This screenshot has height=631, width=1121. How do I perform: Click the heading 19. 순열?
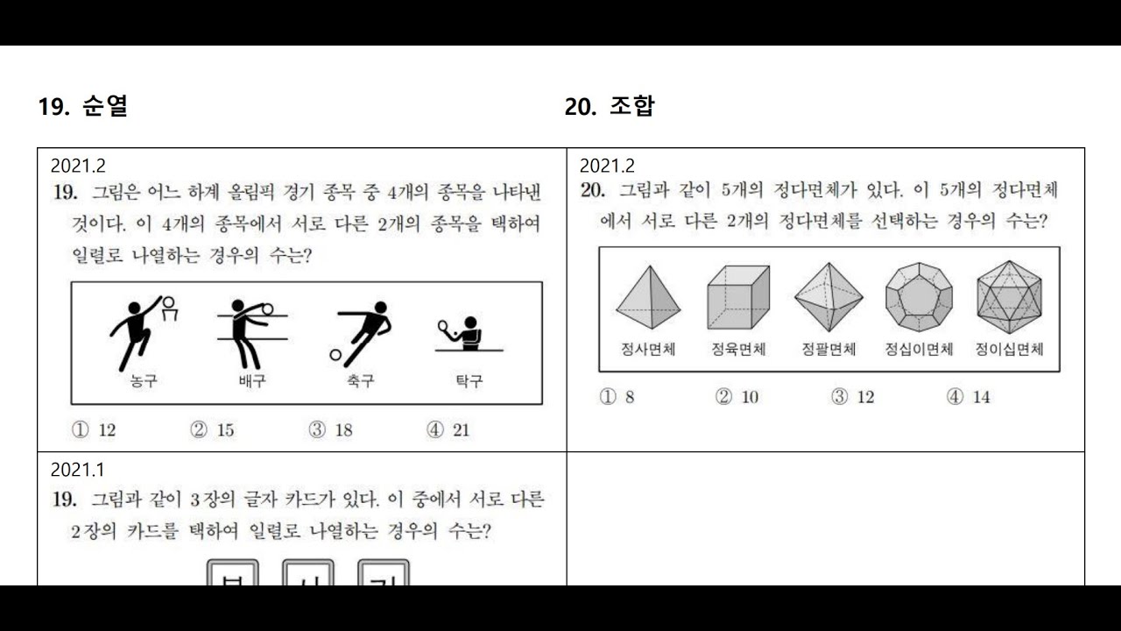(83, 107)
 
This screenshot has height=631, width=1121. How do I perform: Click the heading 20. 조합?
(610, 107)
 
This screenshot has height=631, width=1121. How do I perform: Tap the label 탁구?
(469, 381)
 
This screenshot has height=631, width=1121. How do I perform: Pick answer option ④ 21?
(448, 430)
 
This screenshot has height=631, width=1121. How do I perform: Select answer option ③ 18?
(330, 430)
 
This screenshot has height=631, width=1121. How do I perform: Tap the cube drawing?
(738, 296)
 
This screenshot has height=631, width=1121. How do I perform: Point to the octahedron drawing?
(828, 296)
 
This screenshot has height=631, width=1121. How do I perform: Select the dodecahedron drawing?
(919, 296)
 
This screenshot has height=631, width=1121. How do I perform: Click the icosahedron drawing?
(1010, 296)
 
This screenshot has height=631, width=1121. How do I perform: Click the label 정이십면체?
(1010, 350)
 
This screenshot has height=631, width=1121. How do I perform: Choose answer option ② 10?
(737, 397)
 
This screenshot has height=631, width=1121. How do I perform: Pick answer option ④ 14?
(969, 397)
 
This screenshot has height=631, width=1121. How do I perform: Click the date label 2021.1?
(78, 471)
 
